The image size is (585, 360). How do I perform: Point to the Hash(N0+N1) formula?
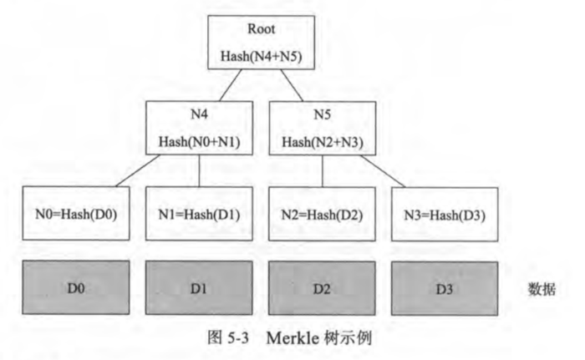click(x=199, y=141)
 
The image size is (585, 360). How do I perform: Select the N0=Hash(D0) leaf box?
click(x=76, y=212)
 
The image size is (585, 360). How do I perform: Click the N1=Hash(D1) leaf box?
click(x=199, y=212)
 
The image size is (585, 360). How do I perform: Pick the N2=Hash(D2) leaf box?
click(x=323, y=212)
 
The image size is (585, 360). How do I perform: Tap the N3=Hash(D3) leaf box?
click(x=445, y=212)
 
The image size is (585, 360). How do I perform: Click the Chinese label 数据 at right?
click(x=542, y=288)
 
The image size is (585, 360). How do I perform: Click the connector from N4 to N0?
click(x=139, y=172)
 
